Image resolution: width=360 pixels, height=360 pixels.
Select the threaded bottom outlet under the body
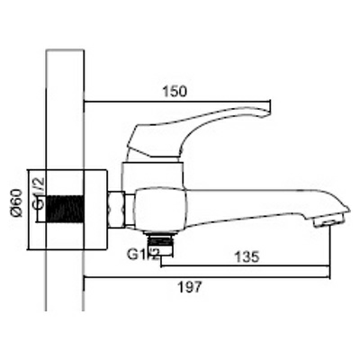point(160,241)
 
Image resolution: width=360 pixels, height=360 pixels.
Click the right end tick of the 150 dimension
point(270,102)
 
